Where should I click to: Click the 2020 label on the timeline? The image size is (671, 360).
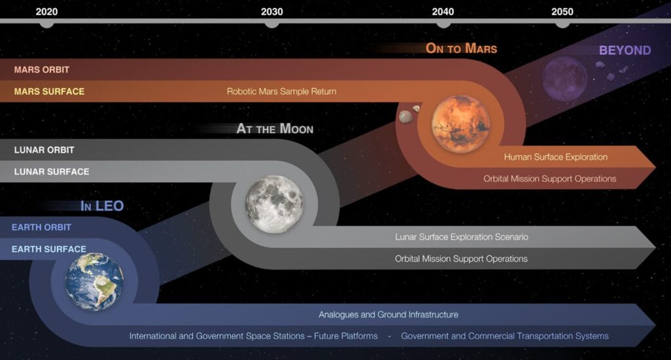coord(47,12)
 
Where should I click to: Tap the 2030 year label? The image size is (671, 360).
coord(272,12)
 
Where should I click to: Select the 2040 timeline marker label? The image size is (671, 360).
coord(443,12)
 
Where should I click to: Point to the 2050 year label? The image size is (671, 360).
coord(562,12)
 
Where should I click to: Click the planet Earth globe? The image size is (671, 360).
coord(94,281)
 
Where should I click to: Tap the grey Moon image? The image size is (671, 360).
coord(275,204)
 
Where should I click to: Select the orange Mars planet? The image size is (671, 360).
coord(461,124)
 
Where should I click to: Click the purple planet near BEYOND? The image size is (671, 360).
coord(565,79)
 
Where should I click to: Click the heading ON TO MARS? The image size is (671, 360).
coord(461,49)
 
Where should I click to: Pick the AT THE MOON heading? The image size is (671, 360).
coord(275,129)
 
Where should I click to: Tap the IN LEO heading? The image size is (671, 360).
coord(102,206)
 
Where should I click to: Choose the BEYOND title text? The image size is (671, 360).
coord(624,50)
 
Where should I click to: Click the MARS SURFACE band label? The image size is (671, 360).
coord(49,92)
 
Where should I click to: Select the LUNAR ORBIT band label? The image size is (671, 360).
coord(44,150)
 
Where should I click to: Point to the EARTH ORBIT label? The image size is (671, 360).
coord(41,228)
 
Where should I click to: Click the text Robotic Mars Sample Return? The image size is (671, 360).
coord(282,91)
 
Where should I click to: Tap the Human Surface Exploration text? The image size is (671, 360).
coord(556,157)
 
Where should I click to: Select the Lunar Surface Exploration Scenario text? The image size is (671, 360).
coord(461,237)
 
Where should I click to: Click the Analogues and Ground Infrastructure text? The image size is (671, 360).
coord(388,315)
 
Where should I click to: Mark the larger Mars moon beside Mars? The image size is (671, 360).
coord(405,117)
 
